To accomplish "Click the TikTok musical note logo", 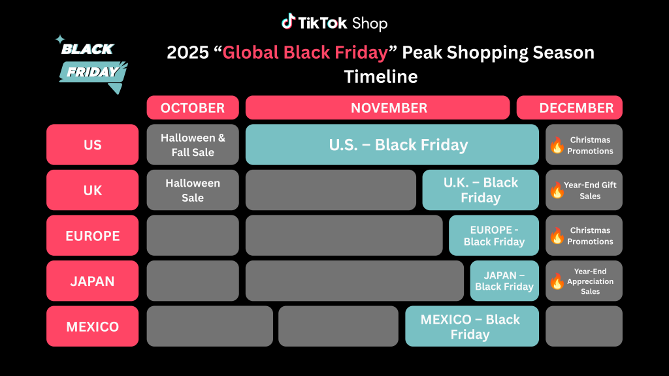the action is point(288,22).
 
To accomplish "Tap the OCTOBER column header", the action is point(193,108).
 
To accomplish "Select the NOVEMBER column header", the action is point(378,108).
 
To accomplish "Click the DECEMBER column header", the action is point(570,108).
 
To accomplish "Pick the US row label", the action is point(93,144).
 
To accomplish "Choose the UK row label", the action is point(93,190).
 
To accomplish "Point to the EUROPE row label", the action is point(93,235).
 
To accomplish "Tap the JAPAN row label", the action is point(93,281).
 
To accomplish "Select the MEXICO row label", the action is point(93,326).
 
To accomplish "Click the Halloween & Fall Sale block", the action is point(193,144).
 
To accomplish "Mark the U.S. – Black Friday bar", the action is point(392,144).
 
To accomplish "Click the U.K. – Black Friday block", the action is point(480,190).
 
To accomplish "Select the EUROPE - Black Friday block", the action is point(494,235).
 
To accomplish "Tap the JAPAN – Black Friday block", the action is point(504,281).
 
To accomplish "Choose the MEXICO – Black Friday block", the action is point(472,326).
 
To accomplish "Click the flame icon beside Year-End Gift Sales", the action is point(557,190).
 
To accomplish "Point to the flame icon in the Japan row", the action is point(557,281).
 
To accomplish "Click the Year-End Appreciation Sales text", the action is point(590,281).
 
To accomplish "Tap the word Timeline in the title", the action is point(381,77).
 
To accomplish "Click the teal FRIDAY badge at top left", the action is point(93,73).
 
